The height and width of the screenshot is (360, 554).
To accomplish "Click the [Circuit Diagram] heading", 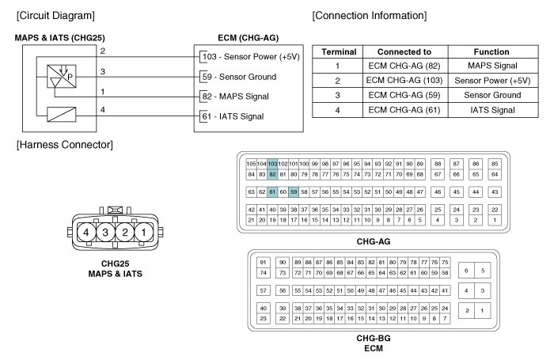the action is click(55, 16).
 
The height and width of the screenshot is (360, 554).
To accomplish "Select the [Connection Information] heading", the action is click(370, 16).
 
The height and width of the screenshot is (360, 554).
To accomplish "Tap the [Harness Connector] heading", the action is click(65, 145).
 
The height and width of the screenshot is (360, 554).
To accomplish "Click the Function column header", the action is click(491, 52).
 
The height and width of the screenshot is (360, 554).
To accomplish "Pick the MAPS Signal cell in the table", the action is click(492, 66).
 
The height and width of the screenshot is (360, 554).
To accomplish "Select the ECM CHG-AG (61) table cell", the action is click(404, 110).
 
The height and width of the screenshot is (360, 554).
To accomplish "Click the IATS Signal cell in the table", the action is click(492, 110).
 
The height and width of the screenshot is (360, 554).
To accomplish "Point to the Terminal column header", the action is click(339, 52).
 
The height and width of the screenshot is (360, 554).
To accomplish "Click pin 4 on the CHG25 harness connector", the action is click(85, 232).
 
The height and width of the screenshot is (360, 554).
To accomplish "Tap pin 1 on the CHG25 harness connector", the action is click(144, 232).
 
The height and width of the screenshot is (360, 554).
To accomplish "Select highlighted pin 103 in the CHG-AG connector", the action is click(272, 164).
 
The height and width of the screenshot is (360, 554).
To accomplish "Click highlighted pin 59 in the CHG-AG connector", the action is click(294, 191).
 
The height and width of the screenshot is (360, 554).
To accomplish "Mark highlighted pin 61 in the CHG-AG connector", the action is click(272, 191).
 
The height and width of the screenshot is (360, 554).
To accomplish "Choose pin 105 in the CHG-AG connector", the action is click(251, 164).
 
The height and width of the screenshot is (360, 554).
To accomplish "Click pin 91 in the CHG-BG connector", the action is click(263, 262).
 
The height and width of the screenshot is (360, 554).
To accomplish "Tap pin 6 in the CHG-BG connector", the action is click(466, 271).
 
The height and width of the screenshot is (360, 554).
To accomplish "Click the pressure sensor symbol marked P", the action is click(62, 76).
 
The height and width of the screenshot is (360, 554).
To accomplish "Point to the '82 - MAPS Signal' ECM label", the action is click(235, 97).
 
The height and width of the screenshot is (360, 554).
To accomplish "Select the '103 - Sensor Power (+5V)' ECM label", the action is click(251, 56).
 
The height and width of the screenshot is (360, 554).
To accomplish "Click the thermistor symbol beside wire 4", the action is click(62, 115).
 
